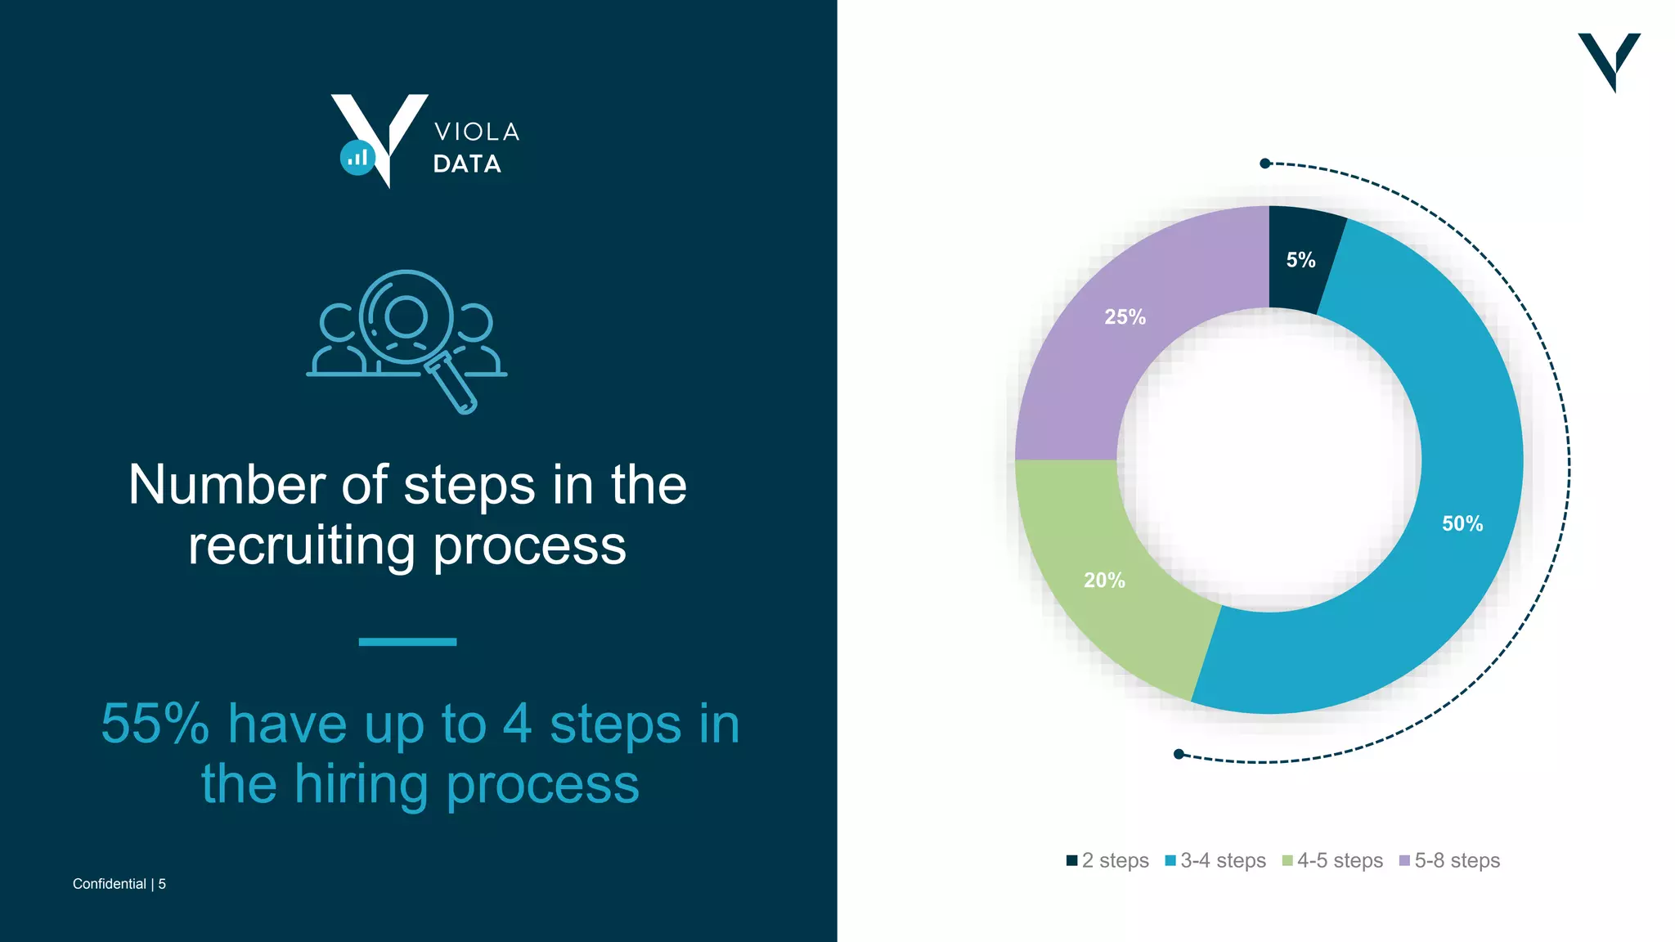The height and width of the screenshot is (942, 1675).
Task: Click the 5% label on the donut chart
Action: pyautogui.click(x=1300, y=260)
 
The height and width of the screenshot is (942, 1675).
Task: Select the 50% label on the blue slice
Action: pyautogui.click(x=1462, y=523)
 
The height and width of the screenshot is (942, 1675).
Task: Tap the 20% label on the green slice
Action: pyautogui.click(x=1104, y=581)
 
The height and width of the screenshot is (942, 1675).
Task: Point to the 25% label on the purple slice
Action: pyautogui.click(x=1125, y=317)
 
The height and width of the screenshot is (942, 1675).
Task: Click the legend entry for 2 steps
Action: pyautogui.click(x=1107, y=860)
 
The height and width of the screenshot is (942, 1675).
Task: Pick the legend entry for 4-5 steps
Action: pyautogui.click(x=1332, y=860)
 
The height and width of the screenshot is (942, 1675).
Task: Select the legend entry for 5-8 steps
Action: pyautogui.click(x=1449, y=860)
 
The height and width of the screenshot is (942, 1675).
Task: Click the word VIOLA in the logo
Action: pyautogui.click(x=477, y=132)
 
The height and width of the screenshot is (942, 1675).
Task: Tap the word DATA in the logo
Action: pyautogui.click(x=467, y=164)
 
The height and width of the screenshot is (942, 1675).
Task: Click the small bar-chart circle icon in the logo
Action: pyautogui.click(x=357, y=158)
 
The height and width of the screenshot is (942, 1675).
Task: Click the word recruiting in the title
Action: pyautogui.click(x=301, y=546)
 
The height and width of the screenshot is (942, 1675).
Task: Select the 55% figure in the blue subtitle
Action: pyautogui.click(x=155, y=724)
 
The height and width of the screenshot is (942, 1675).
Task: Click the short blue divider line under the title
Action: pyautogui.click(x=407, y=642)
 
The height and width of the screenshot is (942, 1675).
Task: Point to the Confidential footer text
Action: pyautogui.click(x=110, y=884)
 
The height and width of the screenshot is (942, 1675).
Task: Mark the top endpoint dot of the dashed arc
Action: pyautogui.click(x=1265, y=164)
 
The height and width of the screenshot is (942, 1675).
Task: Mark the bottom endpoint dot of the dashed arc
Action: pyautogui.click(x=1179, y=754)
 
